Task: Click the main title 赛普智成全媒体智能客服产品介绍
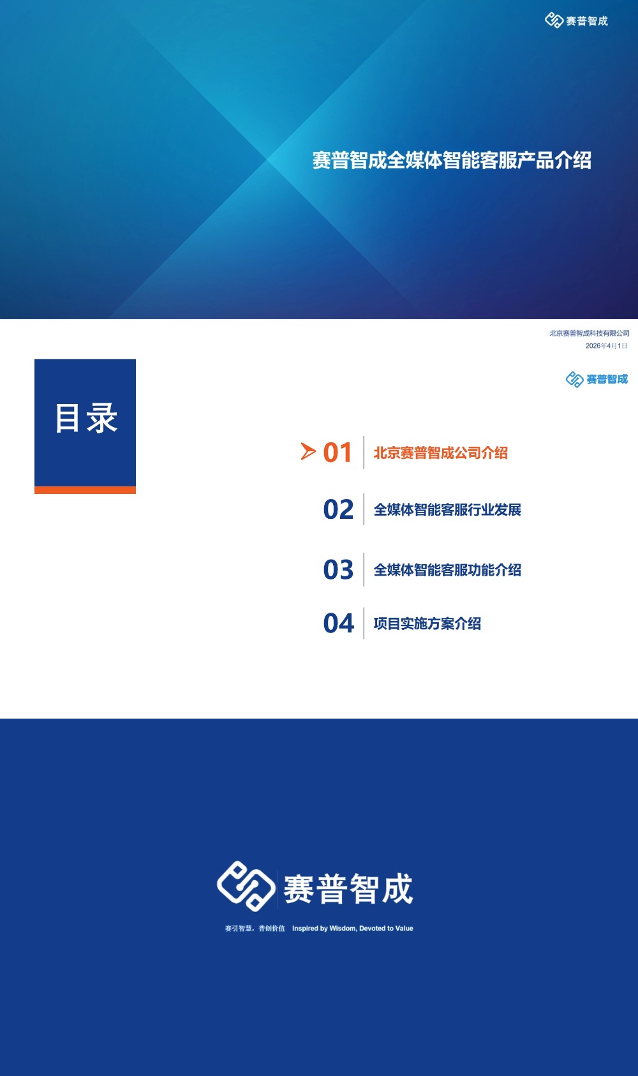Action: tap(452, 160)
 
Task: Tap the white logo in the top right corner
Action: tap(576, 21)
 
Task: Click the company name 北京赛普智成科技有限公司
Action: tap(589, 333)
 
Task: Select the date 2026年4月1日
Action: tap(606, 346)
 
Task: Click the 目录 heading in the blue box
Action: tap(85, 419)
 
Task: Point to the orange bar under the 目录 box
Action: tap(85, 490)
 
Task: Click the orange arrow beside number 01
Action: tap(308, 452)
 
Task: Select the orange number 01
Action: tap(338, 452)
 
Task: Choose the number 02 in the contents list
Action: tap(338, 509)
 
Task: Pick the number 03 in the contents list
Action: tap(338, 569)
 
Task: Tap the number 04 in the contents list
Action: tap(338, 624)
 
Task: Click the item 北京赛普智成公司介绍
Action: tap(440, 453)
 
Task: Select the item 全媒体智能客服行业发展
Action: tap(447, 510)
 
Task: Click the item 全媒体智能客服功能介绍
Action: tap(447, 570)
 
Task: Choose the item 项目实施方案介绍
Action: tap(427, 624)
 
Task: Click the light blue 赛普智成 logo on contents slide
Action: tap(597, 379)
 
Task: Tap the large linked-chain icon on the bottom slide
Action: tap(246, 886)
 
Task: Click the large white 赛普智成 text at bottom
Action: tap(348, 889)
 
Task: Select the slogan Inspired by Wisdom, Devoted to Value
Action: tap(352, 929)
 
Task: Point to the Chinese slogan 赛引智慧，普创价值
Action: tap(255, 929)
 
